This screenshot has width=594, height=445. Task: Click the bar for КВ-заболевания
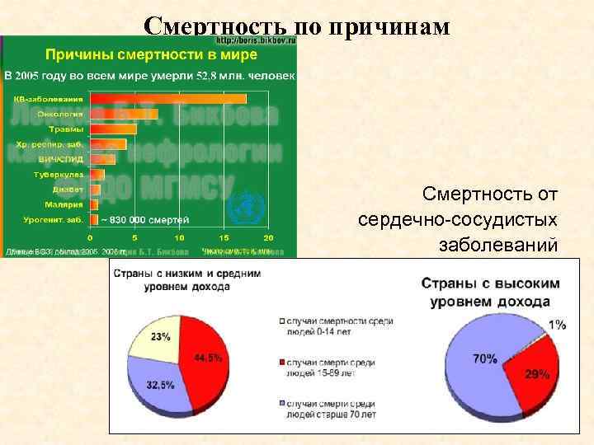(169, 99)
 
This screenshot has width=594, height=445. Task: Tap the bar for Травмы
(114, 129)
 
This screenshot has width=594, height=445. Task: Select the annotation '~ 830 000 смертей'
(144, 219)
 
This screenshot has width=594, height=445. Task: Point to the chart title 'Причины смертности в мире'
(150, 54)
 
